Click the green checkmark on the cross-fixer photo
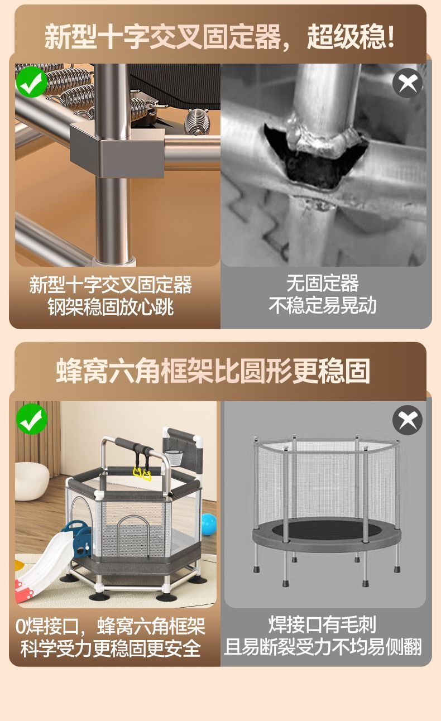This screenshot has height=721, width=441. click(32, 82)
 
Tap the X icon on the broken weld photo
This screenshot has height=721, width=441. click(408, 83)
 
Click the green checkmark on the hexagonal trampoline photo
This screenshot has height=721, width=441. click(32, 419)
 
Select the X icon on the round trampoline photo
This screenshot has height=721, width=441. click(408, 420)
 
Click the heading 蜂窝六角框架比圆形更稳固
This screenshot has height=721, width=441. click(213, 371)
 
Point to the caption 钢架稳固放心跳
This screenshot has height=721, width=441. click(111, 307)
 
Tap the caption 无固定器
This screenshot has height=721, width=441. click(323, 283)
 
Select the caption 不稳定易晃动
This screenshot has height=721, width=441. click(323, 305)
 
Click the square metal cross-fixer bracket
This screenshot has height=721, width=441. click(117, 150)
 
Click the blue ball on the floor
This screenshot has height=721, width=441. click(208, 523)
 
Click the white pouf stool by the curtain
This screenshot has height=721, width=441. click(32, 481)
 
